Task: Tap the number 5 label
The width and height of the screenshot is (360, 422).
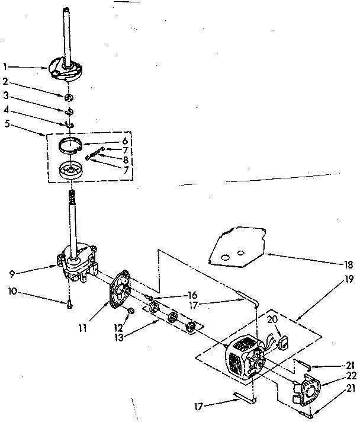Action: [5, 124]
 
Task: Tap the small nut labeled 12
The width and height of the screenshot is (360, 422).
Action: [131, 311]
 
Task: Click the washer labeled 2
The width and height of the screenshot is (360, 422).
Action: [70, 97]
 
